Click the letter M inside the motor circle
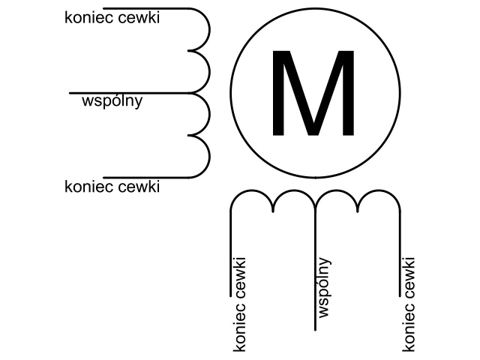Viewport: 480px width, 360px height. pyautogui.click(x=313, y=93)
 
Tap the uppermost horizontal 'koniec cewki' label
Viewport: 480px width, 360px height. pyautogui.click(x=112, y=18)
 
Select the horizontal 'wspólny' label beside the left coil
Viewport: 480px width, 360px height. pyautogui.click(x=112, y=101)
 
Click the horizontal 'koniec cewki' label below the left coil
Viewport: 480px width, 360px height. pyautogui.click(x=112, y=187)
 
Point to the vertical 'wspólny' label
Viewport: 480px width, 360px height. pyautogui.click(x=325, y=288)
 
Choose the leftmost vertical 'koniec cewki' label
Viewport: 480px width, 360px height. pyautogui.click(x=239, y=304)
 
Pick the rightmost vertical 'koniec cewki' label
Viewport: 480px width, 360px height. pyautogui.click(x=409, y=304)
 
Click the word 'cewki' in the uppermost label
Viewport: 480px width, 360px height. pyautogui.click(x=139, y=18)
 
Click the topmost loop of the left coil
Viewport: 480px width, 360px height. pyautogui.click(x=210, y=29)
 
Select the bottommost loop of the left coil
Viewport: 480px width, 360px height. pyautogui.click(x=210, y=157)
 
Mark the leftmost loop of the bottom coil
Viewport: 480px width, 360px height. pyautogui.click(x=252, y=190)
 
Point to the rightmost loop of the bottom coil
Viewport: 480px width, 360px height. pyautogui.click(x=379, y=190)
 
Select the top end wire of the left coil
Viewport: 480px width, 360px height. pyautogui.click(x=146, y=8)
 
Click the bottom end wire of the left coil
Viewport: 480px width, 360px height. pyautogui.click(x=146, y=178)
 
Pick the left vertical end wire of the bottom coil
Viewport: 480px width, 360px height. pyautogui.click(x=230, y=253)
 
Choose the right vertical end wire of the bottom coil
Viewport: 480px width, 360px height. pyautogui.click(x=400, y=253)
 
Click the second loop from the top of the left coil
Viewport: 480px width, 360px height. pyautogui.click(x=210, y=72)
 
